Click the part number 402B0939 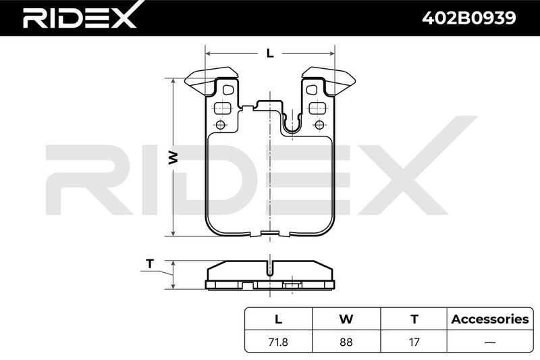coord(469,18)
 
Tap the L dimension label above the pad coord(270,53)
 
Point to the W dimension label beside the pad coord(173,157)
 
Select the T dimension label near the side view coord(149,264)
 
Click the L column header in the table coord(278,319)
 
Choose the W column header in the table coord(346,319)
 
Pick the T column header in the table coord(414,319)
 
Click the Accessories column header coord(490,319)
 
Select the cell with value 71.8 coord(278,342)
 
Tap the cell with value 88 coord(346,342)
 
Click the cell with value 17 coord(414,342)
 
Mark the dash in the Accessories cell coord(490,342)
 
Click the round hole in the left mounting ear coord(221,125)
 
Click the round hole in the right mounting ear coord(319,125)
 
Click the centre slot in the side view coord(270,268)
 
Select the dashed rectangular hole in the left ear coord(222,108)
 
